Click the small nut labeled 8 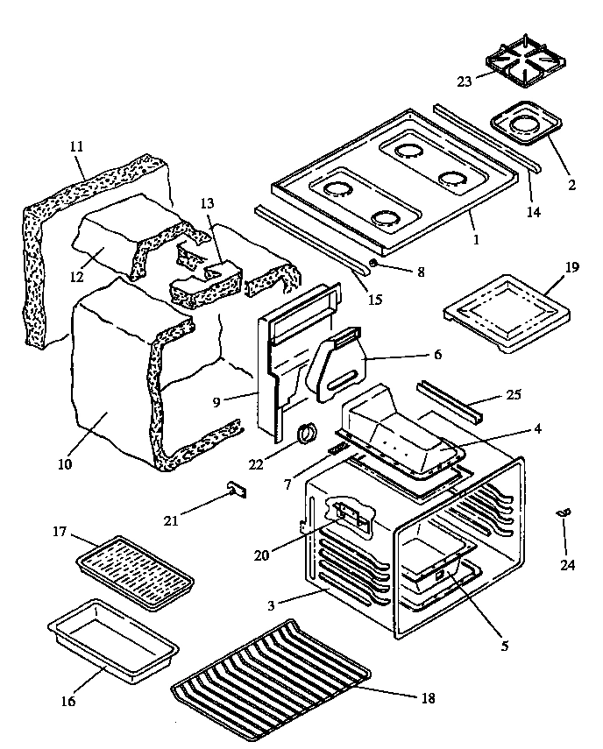point(374,262)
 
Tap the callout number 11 point(75,147)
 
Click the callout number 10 point(67,462)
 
